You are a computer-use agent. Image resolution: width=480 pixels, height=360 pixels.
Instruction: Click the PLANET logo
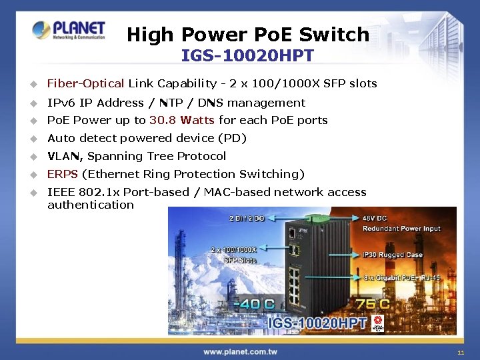69,30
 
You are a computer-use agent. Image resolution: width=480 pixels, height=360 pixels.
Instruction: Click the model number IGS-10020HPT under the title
247,55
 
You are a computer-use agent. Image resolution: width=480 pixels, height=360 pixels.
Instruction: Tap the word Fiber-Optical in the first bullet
85,83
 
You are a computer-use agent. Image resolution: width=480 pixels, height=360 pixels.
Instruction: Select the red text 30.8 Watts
182,120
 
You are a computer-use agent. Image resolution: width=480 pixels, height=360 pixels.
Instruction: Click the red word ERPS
63,174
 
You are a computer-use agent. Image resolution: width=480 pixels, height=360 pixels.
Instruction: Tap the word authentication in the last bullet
91,205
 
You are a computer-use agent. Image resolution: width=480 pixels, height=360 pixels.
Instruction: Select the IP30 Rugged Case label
393,255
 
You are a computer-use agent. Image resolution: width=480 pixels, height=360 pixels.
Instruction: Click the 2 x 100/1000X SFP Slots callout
234,255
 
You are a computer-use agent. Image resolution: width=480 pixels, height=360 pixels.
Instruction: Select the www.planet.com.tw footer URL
240,351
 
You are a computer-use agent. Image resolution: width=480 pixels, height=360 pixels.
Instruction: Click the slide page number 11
461,352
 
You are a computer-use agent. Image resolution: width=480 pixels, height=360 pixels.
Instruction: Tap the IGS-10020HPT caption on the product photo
317,323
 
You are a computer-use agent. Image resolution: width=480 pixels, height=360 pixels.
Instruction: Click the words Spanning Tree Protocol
157,156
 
